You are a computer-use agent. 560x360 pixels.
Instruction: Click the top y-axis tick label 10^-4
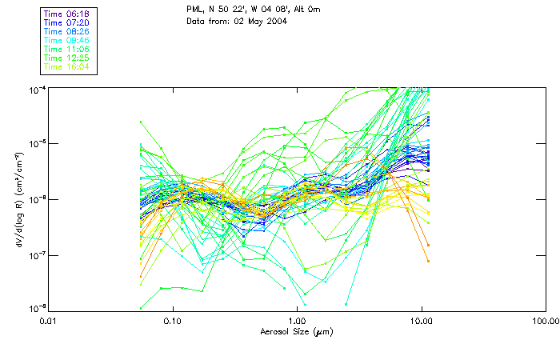coord(36,88)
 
